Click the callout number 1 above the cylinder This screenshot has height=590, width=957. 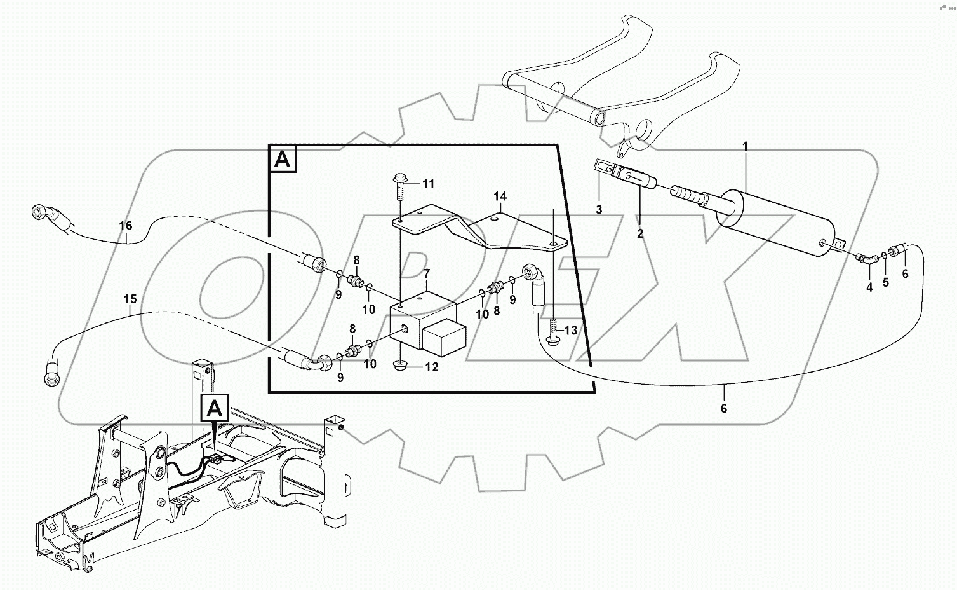(745, 147)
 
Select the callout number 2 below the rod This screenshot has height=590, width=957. (640, 234)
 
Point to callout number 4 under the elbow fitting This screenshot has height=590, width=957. (869, 287)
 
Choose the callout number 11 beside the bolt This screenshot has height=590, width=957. (429, 184)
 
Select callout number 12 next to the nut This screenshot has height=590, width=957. (432, 367)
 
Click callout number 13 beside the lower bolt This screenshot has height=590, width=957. (571, 331)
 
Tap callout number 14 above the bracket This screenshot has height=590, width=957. (500, 196)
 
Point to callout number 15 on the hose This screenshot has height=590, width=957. (130, 298)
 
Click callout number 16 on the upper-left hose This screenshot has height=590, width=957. (125, 225)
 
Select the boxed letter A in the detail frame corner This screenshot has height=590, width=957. (283, 160)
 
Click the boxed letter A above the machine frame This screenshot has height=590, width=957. (215, 406)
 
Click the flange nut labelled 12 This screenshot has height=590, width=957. (401, 366)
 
